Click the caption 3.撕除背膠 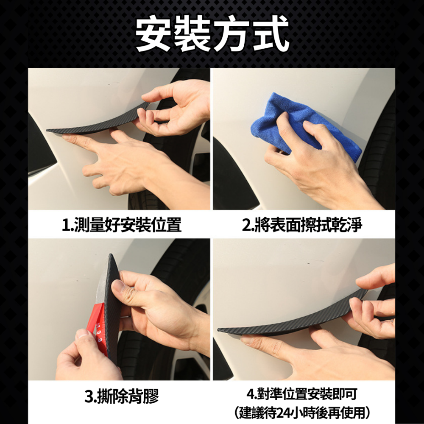coord(122,396)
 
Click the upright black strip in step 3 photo coord(112,305)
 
